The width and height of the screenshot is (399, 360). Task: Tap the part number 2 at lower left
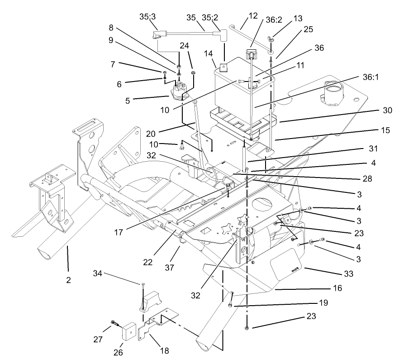pyautogui.click(x=68, y=280)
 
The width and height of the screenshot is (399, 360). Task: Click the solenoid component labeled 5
pyautogui.click(x=181, y=89)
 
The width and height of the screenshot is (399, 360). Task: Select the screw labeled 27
pyautogui.click(x=114, y=323)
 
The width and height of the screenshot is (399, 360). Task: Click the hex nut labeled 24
pyautogui.click(x=194, y=72)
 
